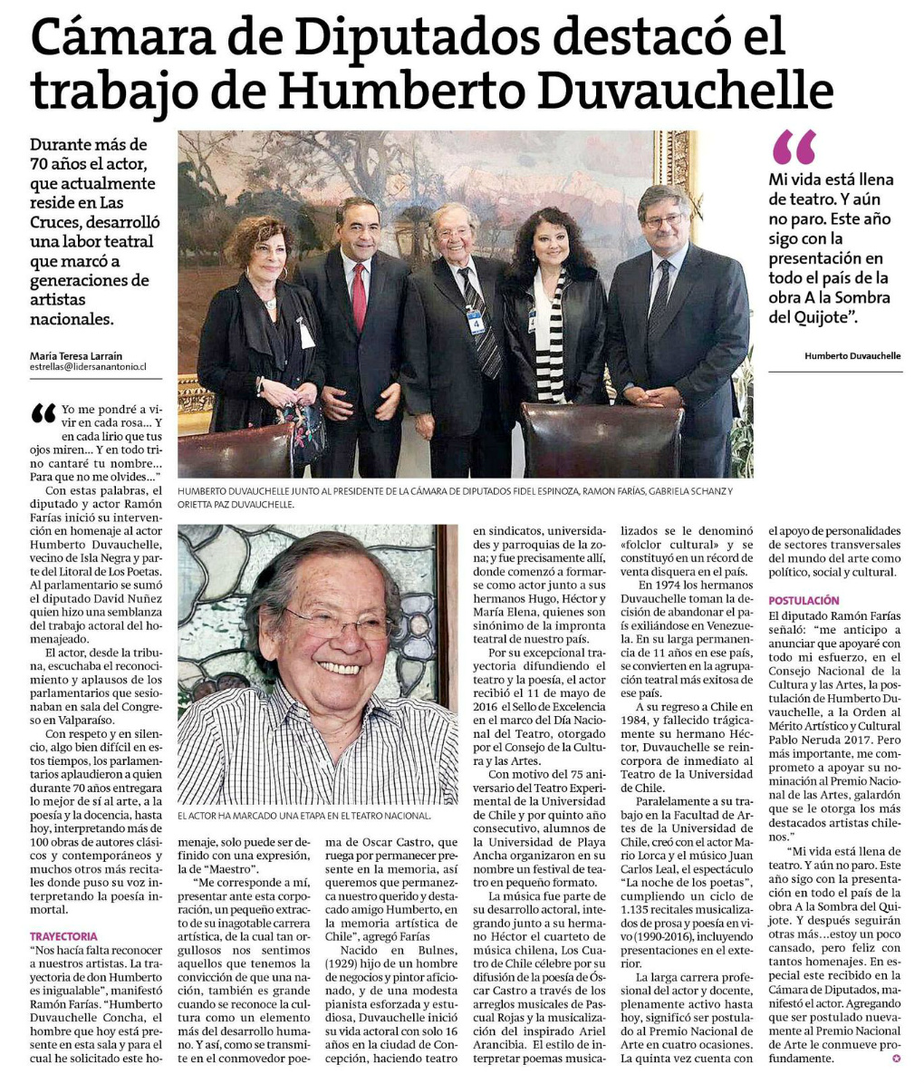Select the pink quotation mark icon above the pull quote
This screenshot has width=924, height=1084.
click(x=794, y=147)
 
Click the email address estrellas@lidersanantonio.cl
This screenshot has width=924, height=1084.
click(x=89, y=368)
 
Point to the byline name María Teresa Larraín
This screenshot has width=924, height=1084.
click(x=76, y=355)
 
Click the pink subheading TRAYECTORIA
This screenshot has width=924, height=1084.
click(x=63, y=935)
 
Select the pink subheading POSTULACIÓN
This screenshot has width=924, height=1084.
click(x=804, y=601)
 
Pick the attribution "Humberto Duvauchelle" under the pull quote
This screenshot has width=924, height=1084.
click(x=852, y=356)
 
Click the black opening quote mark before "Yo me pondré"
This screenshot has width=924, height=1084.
click(x=43, y=414)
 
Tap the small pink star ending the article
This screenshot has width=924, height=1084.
click(x=897, y=1057)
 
